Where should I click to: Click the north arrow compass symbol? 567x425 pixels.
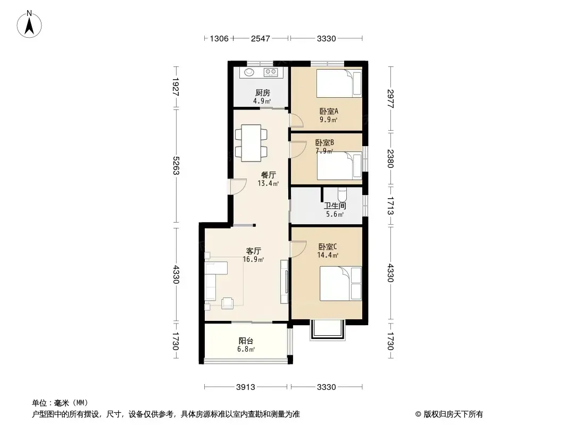click(29, 24)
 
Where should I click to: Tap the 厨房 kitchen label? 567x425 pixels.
click(263, 93)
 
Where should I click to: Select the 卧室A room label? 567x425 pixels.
click(329, 111)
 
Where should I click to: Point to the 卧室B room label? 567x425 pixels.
click(324, 142)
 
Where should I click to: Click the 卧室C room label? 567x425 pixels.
click(328, 246)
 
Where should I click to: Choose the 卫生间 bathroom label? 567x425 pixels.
click(335, 206)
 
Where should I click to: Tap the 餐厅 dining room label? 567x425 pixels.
click(268, 175)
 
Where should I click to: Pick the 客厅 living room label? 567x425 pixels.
click(254, 251)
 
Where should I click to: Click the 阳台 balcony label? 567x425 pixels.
click(246, 341)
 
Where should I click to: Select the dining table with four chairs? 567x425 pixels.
click(251, 143)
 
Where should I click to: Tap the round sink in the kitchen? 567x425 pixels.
click(249, 72)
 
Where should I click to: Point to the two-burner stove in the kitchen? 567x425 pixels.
click(271, 72)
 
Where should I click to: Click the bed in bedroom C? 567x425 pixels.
click(340, 284)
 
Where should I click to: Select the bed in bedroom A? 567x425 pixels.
click(339, 83)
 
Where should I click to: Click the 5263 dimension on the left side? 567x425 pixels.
click(176, 165)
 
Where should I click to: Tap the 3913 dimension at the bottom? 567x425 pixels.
click(246, 387)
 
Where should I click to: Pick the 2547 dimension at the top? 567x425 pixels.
click(260, 38)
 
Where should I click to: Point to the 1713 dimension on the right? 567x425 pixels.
click(390, 206)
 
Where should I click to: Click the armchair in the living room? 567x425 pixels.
click(228, 303)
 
